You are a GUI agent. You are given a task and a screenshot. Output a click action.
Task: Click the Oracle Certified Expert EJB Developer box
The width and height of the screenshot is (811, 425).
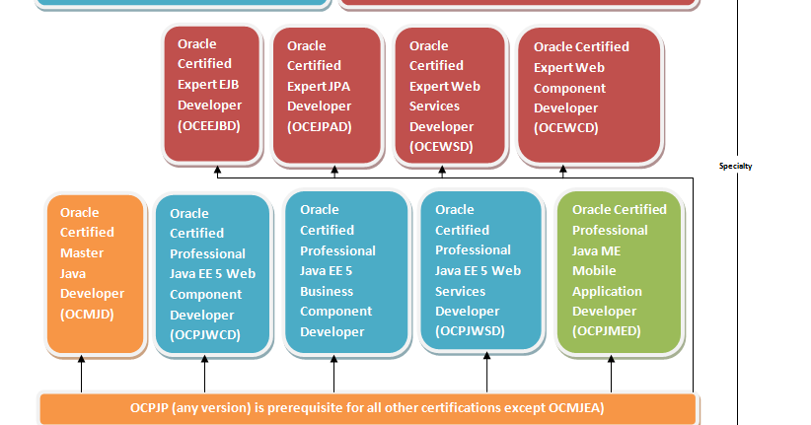[212, 94]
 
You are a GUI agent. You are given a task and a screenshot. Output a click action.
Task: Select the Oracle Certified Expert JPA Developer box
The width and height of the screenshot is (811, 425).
[327, 94]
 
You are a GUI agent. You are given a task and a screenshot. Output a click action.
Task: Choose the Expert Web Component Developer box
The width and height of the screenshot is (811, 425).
[589, 94]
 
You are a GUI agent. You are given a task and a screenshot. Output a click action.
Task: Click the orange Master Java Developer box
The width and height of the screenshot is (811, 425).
[95, 273]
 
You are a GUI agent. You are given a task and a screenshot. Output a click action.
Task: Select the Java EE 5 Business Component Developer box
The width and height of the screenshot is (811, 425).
[346, 271]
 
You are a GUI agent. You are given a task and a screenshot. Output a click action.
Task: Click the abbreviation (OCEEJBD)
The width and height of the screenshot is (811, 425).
[209, 126]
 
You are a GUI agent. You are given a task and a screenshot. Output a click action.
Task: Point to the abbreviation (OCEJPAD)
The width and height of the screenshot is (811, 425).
[320, 126]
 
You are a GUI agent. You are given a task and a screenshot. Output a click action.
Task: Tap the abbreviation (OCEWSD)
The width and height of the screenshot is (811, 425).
[441, 147]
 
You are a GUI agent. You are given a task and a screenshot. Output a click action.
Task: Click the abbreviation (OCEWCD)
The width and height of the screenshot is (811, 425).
[566, 128]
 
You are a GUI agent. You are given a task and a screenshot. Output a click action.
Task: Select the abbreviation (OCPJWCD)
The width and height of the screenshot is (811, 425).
[205, 335]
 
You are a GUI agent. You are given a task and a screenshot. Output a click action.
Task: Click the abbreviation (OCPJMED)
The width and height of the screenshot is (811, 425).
[607, 331]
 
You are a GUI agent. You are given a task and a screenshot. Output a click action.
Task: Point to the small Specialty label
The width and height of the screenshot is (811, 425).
[735, 167]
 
